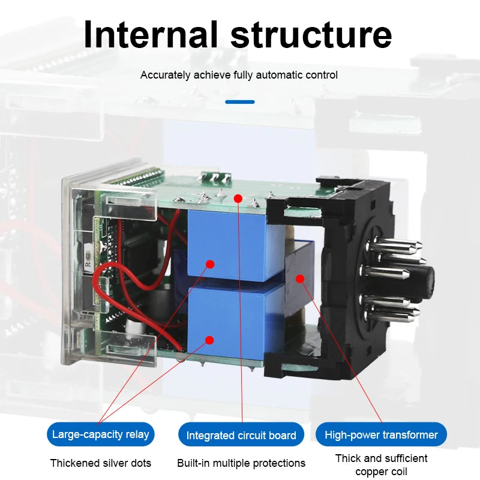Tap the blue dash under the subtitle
pyautogui.click(x=239, y=102)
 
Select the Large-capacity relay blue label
pyautogui.click(x=100, y=434)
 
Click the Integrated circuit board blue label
pyautogui.click(x=241, y=434)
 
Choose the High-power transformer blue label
pyautogui.click(x=381, y=434)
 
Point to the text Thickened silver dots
pyautogui.click(x=101, y=463)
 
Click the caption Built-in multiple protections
pyautogui.click(x=241, y=463)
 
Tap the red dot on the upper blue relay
pyautogui.click(x=210, y=264)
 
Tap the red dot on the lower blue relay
pyautogui.click(x=209, y=340)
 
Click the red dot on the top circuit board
pyautogui.click(x=238, y=199)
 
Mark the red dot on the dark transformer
pyautogui.click(x=300, y=278)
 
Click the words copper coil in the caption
pyautogui.click(x=381, y=472)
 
